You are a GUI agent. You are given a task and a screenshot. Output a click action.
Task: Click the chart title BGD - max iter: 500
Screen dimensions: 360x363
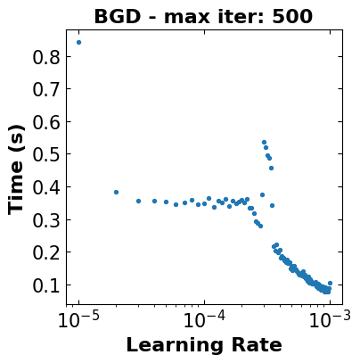click(x=203, y=17)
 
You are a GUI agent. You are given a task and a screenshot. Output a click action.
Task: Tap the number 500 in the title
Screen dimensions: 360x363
click(x=292, y=17)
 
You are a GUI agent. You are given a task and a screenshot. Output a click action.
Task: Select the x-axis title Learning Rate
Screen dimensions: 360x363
click(x=204, y=345)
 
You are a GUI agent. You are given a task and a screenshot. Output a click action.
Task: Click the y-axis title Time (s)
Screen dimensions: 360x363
click(x=16, y=169)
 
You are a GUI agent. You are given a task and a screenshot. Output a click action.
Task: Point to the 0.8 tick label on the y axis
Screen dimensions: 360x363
click(x=46, y=57)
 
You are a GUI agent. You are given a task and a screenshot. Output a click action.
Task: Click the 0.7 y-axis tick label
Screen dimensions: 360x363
click(x=46, y=89)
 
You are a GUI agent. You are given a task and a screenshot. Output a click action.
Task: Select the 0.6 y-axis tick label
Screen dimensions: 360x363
click(x=46, y=122)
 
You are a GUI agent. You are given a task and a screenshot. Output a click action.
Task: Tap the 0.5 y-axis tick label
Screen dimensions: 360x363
click(x=46, y=154)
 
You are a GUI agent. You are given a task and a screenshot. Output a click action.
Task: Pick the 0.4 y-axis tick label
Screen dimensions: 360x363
click(x=46, y=187)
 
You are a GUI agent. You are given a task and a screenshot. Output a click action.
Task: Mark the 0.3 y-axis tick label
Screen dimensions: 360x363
click(x=46, y=219)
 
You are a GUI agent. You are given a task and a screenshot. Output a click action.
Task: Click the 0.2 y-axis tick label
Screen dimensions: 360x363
click(x=46, y=252)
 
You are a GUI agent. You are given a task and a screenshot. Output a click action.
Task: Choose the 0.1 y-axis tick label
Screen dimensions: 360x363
click(x=46, y=285)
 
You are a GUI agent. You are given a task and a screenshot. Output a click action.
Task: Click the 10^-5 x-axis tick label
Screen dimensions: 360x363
click(x=78, y=319)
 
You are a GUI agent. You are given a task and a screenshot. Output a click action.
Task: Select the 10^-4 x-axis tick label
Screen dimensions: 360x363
click(x=204, y=319)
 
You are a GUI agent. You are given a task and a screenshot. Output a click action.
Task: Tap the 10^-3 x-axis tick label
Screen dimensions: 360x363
click(x=330, y=319)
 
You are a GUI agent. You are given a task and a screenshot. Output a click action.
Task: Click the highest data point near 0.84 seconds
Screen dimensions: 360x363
click(x=78, y=42)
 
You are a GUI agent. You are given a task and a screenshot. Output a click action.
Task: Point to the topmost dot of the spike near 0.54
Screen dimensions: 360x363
click(x=264, y=142)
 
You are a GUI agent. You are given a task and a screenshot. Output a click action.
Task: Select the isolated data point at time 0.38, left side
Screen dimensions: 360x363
click(x=116, y=192)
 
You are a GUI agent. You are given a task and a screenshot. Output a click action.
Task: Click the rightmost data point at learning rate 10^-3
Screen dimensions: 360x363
click(x=330, y=283)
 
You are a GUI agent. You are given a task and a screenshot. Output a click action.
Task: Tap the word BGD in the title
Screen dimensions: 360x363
click(x=117, y=17)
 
